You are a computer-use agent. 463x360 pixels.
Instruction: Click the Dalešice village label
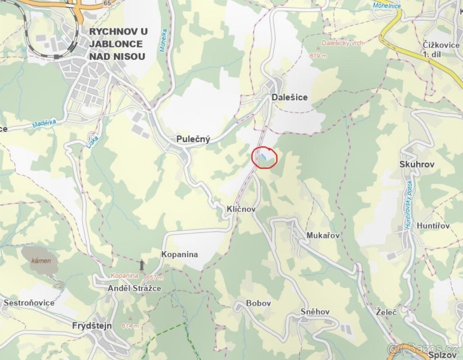pos(290,98)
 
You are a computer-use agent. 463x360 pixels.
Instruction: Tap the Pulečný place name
pos(193,139)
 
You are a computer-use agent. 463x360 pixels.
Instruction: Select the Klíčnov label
pos(241,209)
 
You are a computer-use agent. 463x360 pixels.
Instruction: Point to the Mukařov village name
pos(323,235)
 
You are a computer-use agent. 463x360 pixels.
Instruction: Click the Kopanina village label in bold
pos(179,254)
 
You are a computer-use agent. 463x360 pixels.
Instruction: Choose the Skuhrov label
pos(417,164)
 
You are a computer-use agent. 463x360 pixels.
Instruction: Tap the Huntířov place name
pos(433,226)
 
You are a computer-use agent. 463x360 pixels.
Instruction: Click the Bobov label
pos(259,303)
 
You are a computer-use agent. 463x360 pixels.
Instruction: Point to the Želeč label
pos(386,312)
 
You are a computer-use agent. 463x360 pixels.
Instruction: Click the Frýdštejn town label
pos(92,326)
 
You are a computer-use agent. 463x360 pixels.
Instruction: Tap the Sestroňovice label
pos(29,303)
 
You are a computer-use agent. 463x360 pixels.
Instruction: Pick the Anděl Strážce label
pos(134,288)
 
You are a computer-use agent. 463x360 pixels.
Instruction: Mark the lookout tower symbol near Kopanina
pos(142,265)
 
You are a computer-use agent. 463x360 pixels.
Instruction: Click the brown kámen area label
pos(41,261)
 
